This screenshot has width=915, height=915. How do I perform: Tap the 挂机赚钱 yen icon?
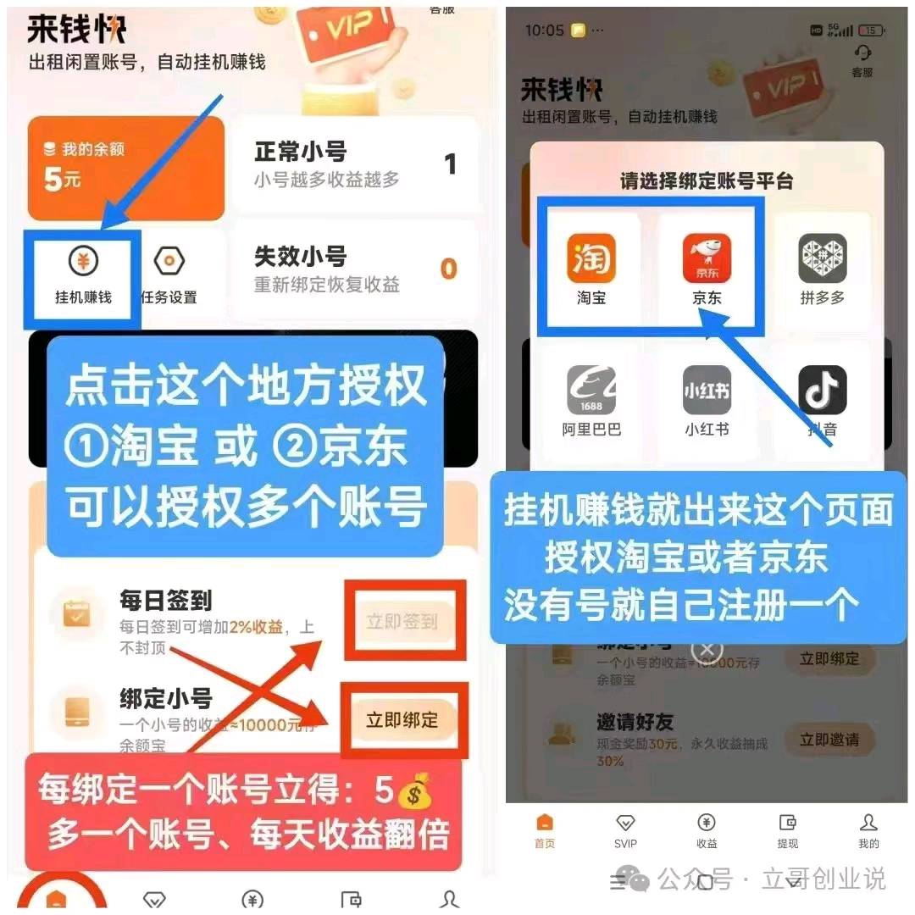82,263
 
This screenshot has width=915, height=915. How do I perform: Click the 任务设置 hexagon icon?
169,263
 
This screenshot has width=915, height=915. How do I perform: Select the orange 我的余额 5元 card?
125,168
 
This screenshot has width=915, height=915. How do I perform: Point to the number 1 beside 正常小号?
451,164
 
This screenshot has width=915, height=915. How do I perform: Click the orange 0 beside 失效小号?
448,269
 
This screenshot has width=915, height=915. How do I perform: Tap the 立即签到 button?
402,621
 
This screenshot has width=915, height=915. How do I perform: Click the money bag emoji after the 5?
414,791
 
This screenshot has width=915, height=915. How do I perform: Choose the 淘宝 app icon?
591,258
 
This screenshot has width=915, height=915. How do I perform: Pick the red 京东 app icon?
707,258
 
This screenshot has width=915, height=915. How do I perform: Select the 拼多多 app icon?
822,258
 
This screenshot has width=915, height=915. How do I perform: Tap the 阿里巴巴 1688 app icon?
591,390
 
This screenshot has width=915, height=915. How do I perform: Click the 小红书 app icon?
707,390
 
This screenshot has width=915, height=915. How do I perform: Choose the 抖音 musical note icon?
822,390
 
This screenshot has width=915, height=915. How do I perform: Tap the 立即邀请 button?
829,740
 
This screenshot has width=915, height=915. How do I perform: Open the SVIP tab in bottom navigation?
625,829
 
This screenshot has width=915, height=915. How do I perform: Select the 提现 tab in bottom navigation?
787,829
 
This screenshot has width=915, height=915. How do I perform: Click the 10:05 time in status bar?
544,30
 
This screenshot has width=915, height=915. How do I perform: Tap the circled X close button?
707,650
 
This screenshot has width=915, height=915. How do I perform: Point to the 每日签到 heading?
165,601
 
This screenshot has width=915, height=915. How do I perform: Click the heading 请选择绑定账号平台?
707,181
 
